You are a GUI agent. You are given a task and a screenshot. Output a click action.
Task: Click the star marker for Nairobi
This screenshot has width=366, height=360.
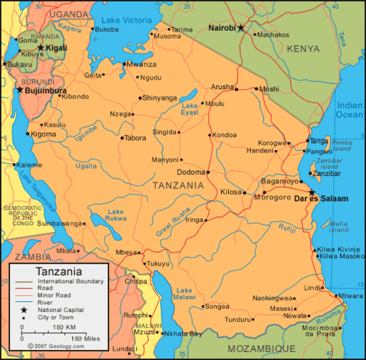click(x=241, y=28)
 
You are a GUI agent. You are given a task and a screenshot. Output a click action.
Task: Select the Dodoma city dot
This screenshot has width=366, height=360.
click(x=207, y=172)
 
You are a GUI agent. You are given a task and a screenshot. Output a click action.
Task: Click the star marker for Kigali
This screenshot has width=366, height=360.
click(x=41, y=47)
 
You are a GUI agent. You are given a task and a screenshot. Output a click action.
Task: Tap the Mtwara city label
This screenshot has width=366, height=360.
click(x=350, y=295)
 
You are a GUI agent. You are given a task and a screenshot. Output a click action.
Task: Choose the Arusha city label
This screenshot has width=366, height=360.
click(x=222, y=86)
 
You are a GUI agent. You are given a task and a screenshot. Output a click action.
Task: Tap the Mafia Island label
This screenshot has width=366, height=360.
click(x=339, y=227)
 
